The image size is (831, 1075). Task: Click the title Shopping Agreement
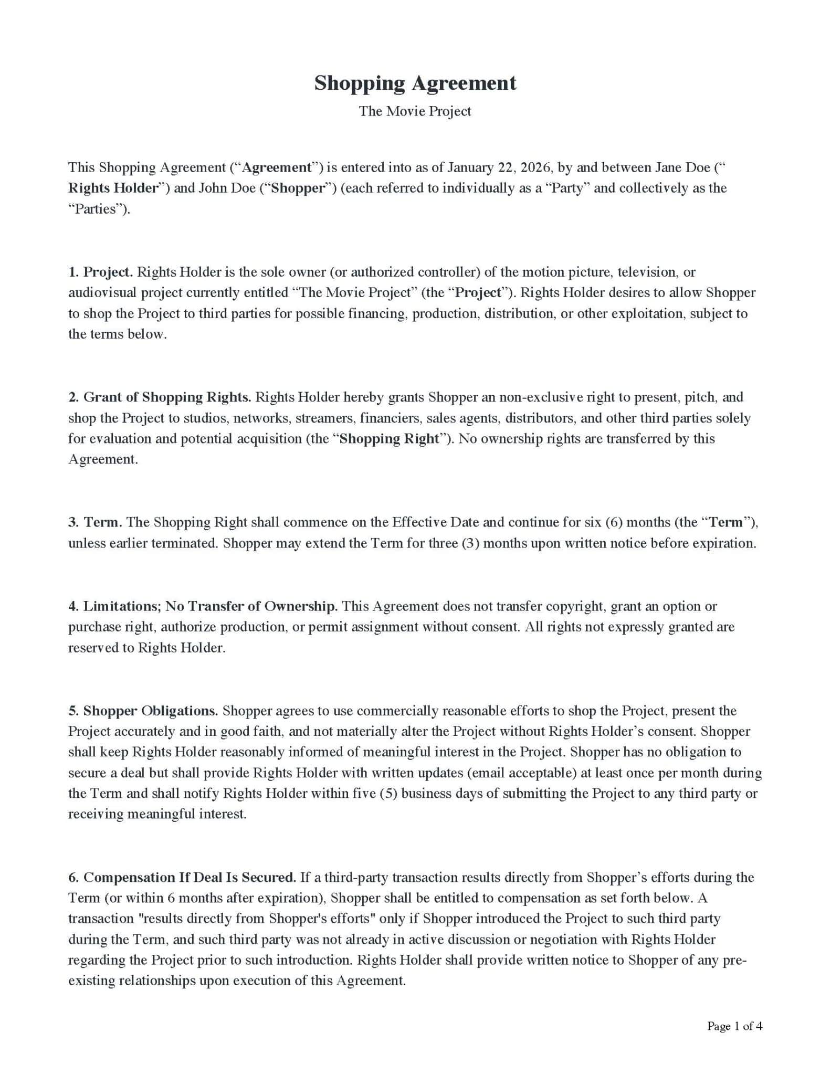pyautogui.click(x=415, y=83)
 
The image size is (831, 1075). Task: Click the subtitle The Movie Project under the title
pyautogui.click(x=415, y=111)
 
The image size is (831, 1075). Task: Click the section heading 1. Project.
pyautogui.click(x=100, y=272)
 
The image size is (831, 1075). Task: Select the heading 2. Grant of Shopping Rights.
pyautogui.click(x=160, y=397)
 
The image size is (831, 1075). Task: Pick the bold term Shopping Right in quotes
pyautogui.click(x=389, y=438)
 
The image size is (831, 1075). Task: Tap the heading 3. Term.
pyautogui.click(x=95, y=522)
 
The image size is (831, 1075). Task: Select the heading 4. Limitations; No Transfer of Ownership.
pyautogui.click(x=203, y=606)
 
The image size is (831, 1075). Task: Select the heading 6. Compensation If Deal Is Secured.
pyautogui.click(x=182, y=878)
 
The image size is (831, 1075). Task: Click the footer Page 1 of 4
pyautogui.click(x=734, y=1026)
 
